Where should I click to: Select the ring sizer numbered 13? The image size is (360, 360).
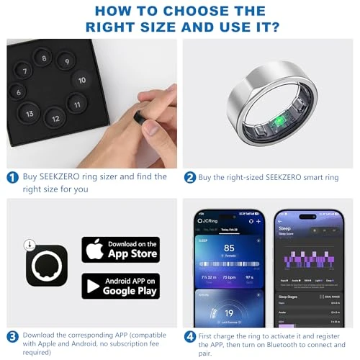tap(30, 114)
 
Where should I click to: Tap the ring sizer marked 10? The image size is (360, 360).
tap(83, 80)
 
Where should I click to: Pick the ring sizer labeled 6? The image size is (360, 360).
tap(19, 92)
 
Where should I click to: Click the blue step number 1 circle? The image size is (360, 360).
tap(12, 176)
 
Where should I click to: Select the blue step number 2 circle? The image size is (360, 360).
tap(190, 176)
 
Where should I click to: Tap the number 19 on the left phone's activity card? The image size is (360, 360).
tap(228, 313)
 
